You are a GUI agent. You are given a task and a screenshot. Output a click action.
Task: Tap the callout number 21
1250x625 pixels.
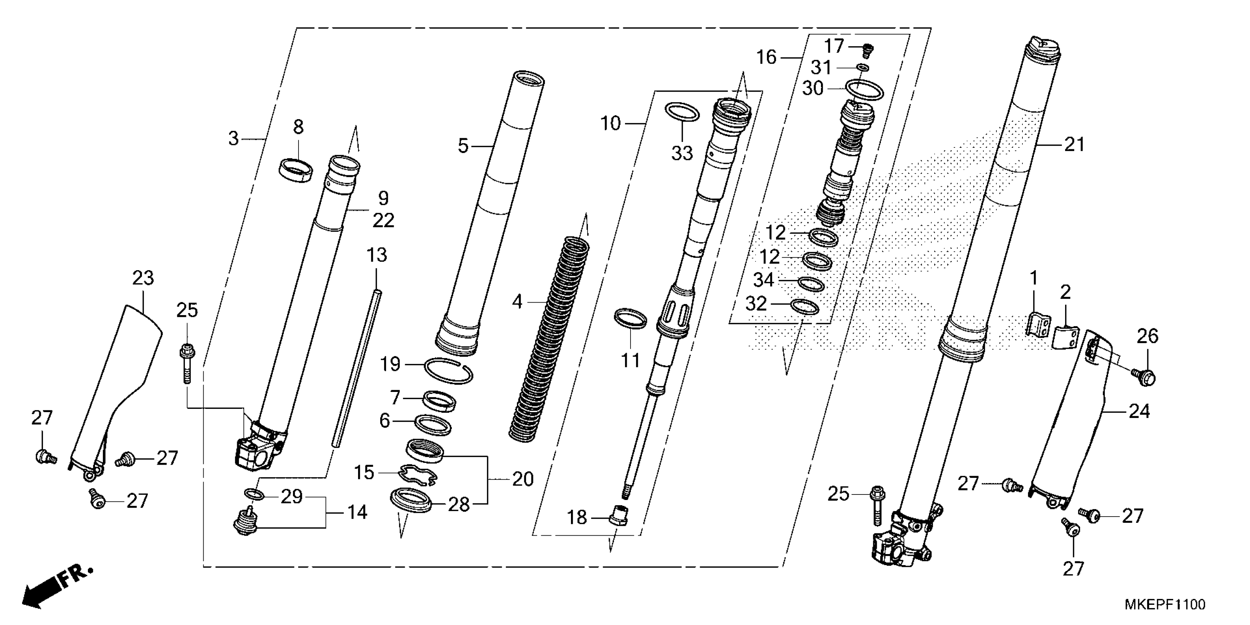1074,144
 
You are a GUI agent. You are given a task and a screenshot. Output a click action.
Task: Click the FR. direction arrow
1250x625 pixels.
53,588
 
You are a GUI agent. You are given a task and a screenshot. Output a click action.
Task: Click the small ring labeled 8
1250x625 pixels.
296,170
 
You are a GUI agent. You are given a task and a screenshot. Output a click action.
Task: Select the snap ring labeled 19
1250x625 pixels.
448,369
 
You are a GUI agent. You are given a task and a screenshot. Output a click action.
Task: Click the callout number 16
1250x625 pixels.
766,57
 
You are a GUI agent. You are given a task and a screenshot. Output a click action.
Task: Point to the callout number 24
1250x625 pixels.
1139,411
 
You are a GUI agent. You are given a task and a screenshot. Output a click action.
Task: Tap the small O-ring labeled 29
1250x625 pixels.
254,494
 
